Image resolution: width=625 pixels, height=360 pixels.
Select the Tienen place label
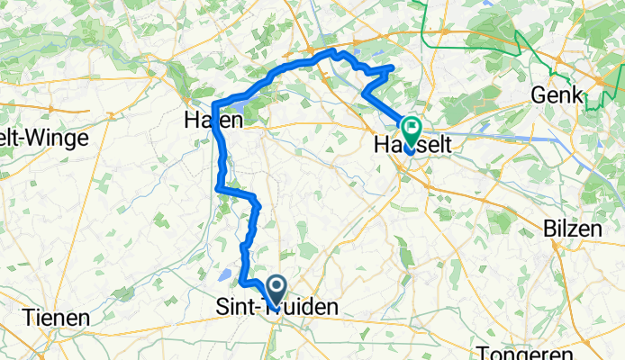(x=57, y=319)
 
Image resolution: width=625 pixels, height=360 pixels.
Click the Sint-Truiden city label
(x=278, y=308)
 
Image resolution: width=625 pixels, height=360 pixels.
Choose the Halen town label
(x=213, y=120)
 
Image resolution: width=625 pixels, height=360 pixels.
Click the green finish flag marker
(x=412, y=129)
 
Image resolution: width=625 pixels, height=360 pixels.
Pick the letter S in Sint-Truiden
(x=222, y=308)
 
